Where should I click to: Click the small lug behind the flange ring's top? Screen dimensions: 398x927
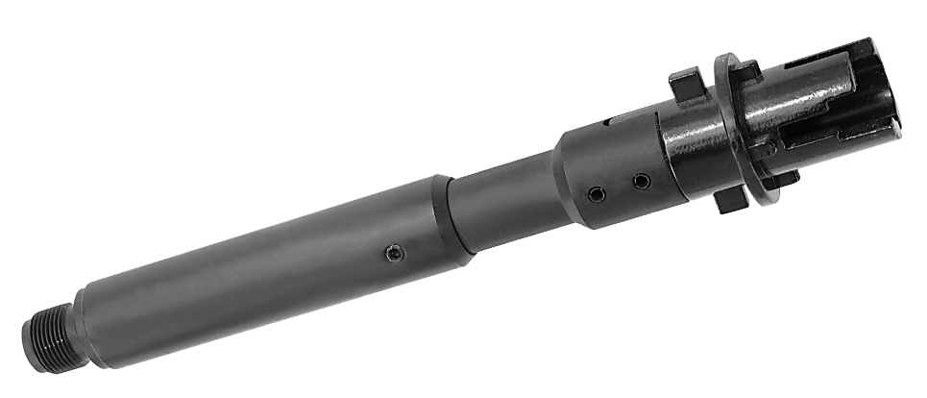[747, 68]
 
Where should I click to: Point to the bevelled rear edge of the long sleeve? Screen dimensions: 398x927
[445, 217]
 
